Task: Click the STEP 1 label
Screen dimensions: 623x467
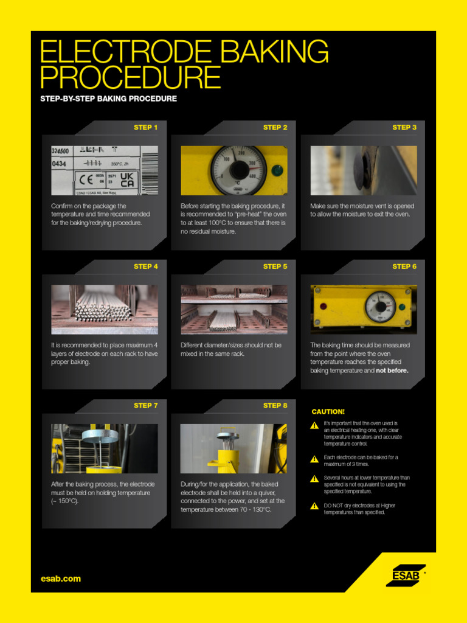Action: point(145,128)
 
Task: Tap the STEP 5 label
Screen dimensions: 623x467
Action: point(275,266)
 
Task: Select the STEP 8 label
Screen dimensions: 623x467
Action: point(275,406)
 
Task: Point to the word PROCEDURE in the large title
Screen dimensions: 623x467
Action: point(130,78)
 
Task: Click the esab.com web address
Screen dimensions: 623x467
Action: point(60,579)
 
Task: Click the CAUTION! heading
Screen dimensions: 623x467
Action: point(328,412)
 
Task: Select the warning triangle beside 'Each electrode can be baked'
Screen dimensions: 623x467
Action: point(314,459)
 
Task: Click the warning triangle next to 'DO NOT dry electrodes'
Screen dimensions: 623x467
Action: point(314,506)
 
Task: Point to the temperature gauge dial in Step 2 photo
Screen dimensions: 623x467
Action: point(238,170)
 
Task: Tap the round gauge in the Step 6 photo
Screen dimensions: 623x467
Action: point(381,306)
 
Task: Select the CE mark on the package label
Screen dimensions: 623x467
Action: point(84,179)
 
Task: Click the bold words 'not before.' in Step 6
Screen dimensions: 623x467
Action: point(392,371)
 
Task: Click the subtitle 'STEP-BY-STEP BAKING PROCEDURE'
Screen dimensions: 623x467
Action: point(108,99)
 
